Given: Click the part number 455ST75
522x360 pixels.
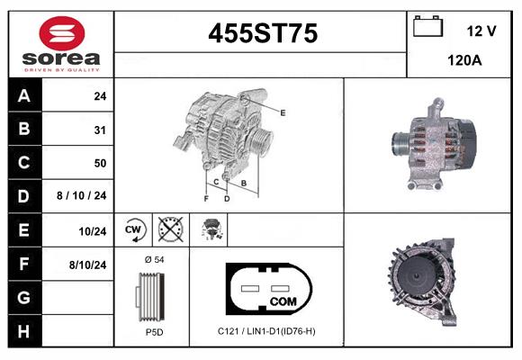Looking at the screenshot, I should tap(262, 34).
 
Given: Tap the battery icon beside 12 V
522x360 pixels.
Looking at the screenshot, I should tap(427, 28).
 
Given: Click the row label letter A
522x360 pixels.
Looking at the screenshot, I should tap(24, 95).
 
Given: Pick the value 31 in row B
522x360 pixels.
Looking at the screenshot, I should tap(99, 130).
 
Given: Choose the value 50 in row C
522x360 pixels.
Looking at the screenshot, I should tap(99, 163).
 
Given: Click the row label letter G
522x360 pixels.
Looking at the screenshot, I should tap(24, 297).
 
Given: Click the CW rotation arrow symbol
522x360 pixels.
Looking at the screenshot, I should tap(134, 230).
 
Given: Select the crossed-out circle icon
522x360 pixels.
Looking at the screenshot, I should tap(168, 230).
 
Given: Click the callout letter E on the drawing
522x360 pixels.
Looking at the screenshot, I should tap(283, 112).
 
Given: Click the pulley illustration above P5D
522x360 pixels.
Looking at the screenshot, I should tap(151, 295).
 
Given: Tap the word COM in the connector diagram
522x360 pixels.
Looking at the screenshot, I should tap(283, 301).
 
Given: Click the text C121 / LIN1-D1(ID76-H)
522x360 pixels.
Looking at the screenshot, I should tap(266, 331).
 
